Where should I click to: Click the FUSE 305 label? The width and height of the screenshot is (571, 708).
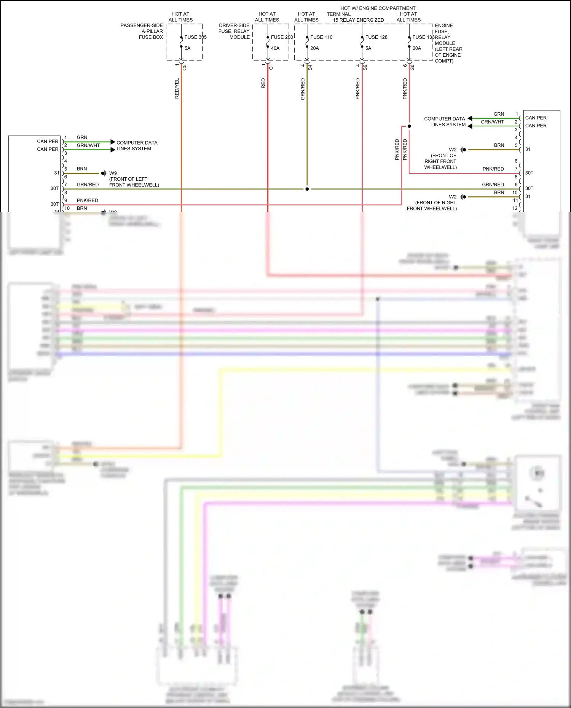(195, 37)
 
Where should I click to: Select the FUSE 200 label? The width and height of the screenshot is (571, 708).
(282, 37)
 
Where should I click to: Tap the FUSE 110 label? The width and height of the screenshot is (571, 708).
(321, 37)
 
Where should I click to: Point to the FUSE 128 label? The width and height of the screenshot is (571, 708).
(376, 37)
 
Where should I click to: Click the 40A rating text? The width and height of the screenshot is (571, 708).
(275, 48)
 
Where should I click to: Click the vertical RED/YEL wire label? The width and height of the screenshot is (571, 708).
(177, 89)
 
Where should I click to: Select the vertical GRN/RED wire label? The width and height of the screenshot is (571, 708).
(303, 89)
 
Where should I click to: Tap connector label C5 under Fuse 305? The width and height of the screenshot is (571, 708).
(185, 67)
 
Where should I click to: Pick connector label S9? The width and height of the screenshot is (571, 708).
(365, 67)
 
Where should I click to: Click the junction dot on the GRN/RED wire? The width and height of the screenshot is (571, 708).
(307, 189)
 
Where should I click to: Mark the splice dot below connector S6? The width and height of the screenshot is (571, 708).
(409, 126)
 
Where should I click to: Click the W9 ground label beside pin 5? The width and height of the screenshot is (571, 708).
(113, 173)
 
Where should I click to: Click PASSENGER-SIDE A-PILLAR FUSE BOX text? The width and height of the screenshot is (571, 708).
(142, 31)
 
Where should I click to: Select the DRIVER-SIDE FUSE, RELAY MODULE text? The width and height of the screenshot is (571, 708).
(234, 31)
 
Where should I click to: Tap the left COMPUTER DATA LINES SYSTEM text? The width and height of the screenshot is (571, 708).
(137, 146)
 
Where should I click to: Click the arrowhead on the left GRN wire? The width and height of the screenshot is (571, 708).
(113, 142)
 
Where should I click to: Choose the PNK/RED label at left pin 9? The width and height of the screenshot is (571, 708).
(87, 200)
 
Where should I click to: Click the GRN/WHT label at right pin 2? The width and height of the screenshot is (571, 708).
(492, 122)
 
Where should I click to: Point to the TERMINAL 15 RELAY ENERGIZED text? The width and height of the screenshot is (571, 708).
(355, 17)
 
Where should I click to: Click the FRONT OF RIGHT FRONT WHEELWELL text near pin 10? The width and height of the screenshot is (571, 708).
(432, 206)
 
